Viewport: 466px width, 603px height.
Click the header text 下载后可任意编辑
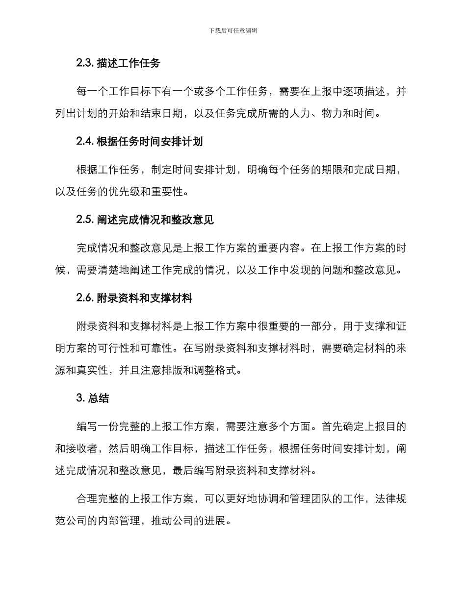[x=233, y=30]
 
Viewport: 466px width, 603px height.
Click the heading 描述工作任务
[x=129, y=63]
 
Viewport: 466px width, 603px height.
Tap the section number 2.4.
[x=85, y=142]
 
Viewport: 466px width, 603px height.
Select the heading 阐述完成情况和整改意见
[x=155, y=220]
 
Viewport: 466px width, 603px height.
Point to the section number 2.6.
[x=85, y=298]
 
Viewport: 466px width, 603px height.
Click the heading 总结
[x=99, y=398]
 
